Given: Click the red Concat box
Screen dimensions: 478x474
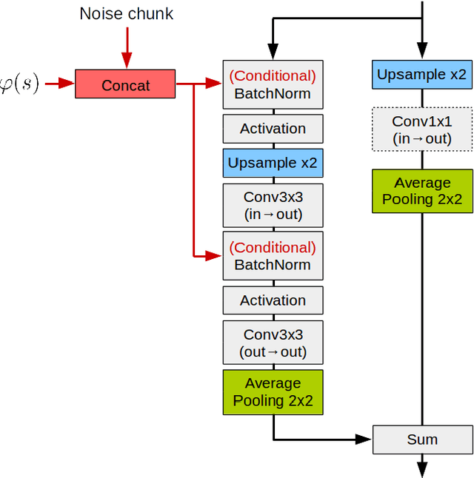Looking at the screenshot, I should click(125, 84).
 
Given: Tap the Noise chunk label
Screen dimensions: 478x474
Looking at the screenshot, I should click(126, 14).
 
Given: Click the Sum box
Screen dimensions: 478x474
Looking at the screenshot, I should click(421, 440).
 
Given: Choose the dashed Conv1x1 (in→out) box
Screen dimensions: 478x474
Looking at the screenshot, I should click(421, 130).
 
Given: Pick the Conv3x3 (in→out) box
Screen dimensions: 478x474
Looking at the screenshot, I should click(273, 206).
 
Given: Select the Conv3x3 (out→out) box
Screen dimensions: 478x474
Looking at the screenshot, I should click(273, 343).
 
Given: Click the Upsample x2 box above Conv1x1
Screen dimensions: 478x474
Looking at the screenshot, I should click(421, 75).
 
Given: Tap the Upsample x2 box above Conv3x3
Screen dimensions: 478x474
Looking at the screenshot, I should click(273, 163).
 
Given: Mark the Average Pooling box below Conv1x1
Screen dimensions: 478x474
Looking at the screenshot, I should click(421, 191).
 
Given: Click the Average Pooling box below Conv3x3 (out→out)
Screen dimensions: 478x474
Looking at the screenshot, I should click(273, 392).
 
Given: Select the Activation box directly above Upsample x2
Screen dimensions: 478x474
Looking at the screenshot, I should click(273, 129).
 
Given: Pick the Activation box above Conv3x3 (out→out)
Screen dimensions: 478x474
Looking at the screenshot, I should click(273, 300).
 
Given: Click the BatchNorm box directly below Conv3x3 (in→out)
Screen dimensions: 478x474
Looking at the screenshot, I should click(273, 256).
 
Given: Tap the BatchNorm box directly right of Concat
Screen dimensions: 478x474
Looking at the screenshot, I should click(273, 84).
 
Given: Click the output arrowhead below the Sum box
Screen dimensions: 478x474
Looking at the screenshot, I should click(421, 470).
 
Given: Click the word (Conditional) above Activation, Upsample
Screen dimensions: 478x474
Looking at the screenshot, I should click(273, 76).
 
